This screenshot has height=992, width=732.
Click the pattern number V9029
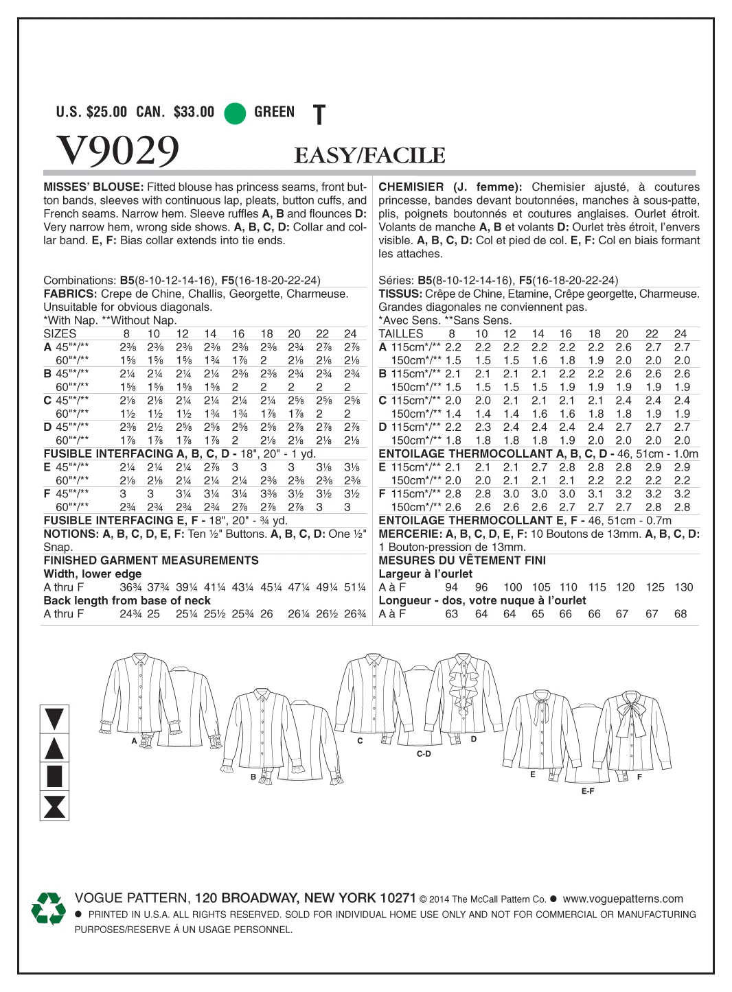(x=117, y=150)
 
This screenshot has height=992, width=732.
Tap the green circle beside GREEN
(x=235, y=113)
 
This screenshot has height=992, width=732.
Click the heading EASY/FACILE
(x=369, y=156)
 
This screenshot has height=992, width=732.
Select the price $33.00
(x=194, y=112)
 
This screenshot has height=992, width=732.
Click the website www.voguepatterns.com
(x=622, y=899)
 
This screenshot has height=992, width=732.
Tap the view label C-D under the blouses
(x=424, y=753)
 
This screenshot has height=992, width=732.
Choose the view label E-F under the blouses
(x=588, y=791)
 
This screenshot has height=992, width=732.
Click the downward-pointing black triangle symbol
(x=54, y=719)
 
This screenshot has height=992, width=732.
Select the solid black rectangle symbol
(x=54, y=776)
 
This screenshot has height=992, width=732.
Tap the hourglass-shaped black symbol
(x=54, y=806)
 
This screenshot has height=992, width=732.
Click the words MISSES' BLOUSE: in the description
(x=93, y=187)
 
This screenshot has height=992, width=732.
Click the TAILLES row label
(x=401, y=333)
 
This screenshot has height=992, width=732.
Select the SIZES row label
(x=60, y=333)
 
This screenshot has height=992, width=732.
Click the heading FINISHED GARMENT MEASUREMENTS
(x=151, y=560)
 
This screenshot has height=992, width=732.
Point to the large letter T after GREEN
(x=319, y=115)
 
